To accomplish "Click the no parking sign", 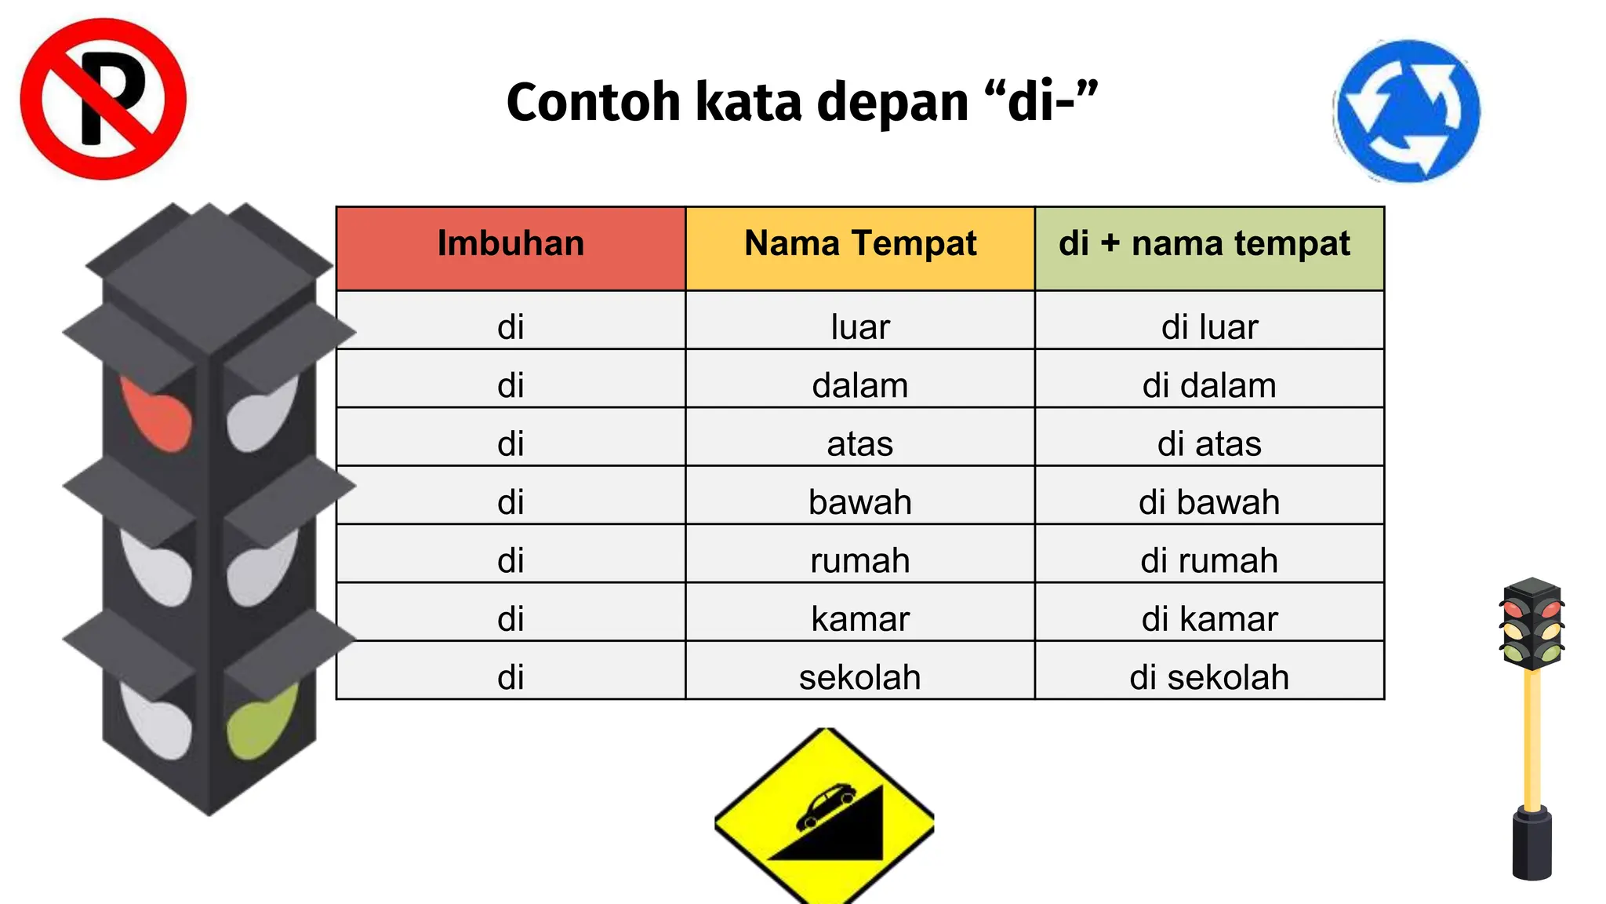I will pos(103,99).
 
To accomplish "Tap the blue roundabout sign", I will pos(1408,111).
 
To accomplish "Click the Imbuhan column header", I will pos(511,244).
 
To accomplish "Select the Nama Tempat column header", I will pos(860,244).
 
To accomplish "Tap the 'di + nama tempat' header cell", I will pos(1208,244).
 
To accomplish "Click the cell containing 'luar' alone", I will pos(860,326).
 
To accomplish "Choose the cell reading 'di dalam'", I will pos(1208,385).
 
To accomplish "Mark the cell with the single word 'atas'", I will pos(860,443).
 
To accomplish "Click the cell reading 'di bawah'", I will pos(1208,501).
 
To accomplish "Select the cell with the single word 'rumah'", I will pos(860,560).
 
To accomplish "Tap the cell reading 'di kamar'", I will pos(1208,618).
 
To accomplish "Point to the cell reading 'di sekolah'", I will pos(1208,676).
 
